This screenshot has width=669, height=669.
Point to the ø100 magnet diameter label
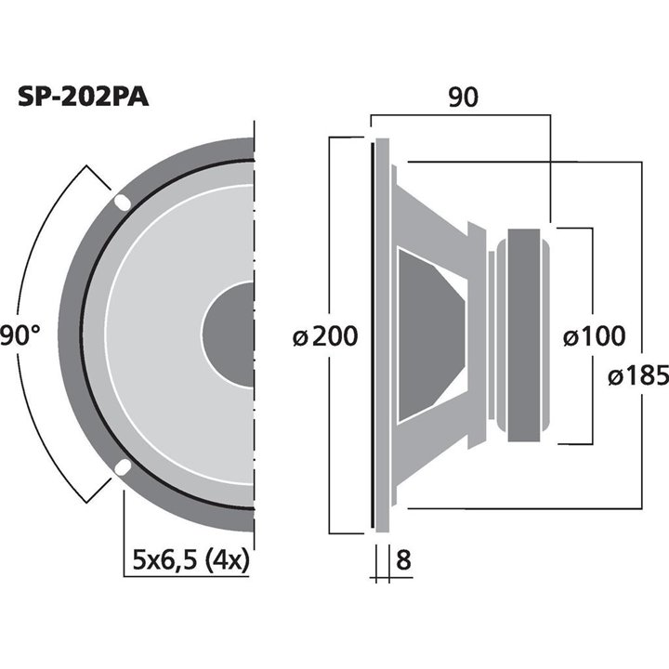594,335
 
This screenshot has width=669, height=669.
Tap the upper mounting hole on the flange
122,202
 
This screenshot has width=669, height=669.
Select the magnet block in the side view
523,334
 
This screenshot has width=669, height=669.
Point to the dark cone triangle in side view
427,334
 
